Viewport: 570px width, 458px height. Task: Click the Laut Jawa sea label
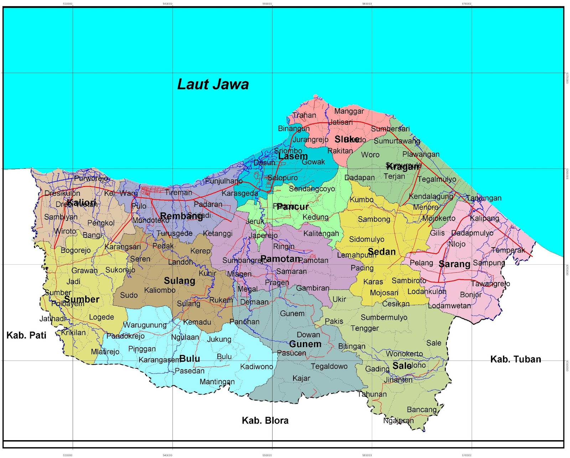pyautogui.click(x=213, y=85)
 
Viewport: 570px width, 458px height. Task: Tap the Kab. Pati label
pyautogui.click(x=26, y=335)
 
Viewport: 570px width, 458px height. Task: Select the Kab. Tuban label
pyautogui.click(x=515, y=359)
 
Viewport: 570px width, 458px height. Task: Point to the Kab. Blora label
pyautogui.click(x=265, y=421)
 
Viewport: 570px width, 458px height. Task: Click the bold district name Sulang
pyautogui.click(x=180, y=281)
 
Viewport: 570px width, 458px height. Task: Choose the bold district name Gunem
pyautogui.click(x=305, y=344)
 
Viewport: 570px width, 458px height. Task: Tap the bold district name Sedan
pyautogui.click(x=382, y=252)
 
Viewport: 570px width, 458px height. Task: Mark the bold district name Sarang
pyautogui.click(x=454, y=264)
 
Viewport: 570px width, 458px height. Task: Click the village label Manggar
pyautogui.click(x=349, y=111)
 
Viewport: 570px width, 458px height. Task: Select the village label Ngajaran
pyautogui.click(x=398, y=421)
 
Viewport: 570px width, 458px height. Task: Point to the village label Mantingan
pyautogui.click(x=217, y=382)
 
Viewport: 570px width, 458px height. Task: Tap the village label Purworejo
pyautogui.click(x=91, y=178)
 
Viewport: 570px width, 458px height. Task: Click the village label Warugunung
pyautogui.click(x=145, y=325)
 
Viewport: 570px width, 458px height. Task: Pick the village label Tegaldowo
pyautogui.click(x=329, y=366)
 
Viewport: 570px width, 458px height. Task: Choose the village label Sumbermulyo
pyautogui.click(x=384, y=317)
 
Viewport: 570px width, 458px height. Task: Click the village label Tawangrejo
pyautogui.click(x=490, y=284)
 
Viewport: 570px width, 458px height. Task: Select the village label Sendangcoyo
pyautogui.click(x=312, y=189)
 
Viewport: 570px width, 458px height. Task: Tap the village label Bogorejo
pyautogui.click(x=76, y=250)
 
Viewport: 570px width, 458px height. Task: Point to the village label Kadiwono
pyautogui.click(x=256, y=367)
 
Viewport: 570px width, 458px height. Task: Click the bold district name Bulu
pyautogui.click(x=190, y=358)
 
